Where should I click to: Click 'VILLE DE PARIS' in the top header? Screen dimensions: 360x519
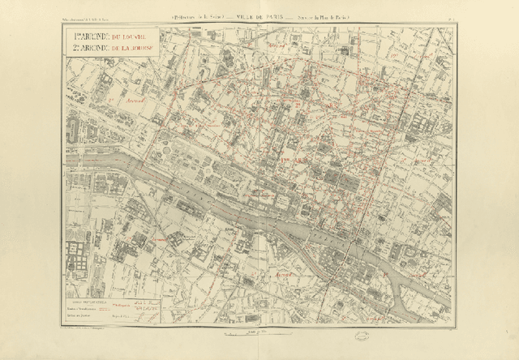[259, 16]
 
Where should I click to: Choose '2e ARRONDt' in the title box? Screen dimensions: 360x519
[82, 49]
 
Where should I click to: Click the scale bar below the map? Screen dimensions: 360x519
[259, 332]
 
